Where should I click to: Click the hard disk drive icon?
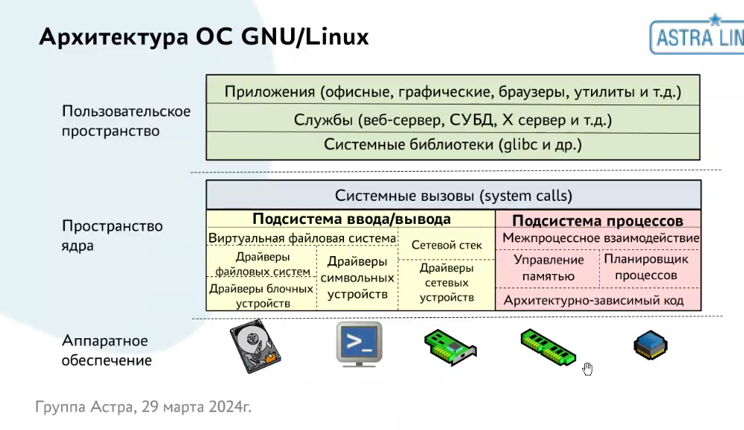[x=254, y=345]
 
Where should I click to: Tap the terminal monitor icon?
[x=359, y=343]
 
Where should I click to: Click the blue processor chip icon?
[x=650, y=345]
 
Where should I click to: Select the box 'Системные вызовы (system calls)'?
[x=453, y=196]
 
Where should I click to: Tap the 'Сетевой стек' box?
[x=447, y=245]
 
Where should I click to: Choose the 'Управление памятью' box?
[x=548, y=267]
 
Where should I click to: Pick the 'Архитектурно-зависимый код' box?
[x=599, y=300]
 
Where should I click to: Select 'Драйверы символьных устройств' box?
[x=357, y=278]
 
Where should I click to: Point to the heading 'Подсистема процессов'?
[x=598, y=221]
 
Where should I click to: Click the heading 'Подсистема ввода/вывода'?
[x=351, y=219]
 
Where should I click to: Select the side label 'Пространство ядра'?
[x=112, y=234]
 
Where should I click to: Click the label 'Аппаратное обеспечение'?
[x=107, y=350]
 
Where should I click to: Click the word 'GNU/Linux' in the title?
[x=305, y=37]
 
